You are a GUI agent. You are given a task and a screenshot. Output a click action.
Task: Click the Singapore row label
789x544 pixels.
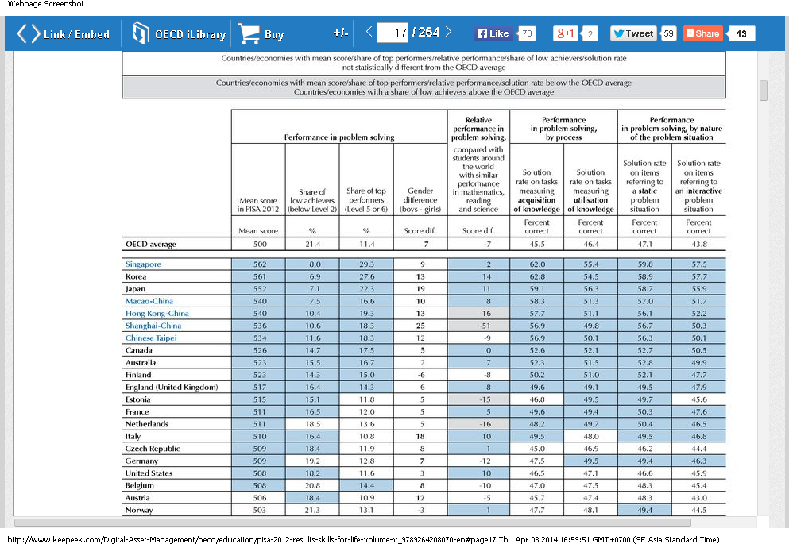tap(143, 264)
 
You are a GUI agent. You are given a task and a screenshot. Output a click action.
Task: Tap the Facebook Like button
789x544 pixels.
tap(493, 33)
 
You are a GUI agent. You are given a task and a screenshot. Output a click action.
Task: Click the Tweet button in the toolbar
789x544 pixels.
tap(633, 33)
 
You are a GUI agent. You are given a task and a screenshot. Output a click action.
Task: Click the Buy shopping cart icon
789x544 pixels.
tap(249, 33)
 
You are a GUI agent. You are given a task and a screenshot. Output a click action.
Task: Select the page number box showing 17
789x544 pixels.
tap(393, 33)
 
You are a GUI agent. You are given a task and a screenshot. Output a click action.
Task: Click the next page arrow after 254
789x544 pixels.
tap(449, 32)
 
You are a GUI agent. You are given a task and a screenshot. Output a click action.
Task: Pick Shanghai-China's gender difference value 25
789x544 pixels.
tap(420, 326)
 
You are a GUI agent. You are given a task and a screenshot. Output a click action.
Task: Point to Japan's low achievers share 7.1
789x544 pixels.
tap(311, 289)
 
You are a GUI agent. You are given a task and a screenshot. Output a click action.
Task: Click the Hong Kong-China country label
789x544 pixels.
tap(157, 314)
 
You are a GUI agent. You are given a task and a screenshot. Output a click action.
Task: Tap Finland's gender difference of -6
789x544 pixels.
tap(420, 375)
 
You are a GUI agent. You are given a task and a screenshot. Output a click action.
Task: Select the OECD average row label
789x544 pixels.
tap(151, 245)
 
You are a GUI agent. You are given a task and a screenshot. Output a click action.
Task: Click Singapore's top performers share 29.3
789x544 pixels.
tap(365, 264)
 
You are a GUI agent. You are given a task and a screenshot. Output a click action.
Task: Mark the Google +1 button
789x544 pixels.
tap(566, 33)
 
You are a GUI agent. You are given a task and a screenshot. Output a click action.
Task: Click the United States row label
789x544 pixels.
tap(149, 473)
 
